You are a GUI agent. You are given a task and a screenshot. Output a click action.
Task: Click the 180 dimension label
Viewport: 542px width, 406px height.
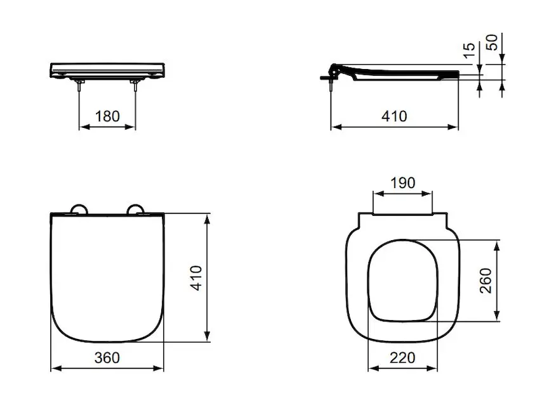click(107, 116)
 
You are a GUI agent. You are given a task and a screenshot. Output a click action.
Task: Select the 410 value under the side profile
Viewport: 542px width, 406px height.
click(394, 116)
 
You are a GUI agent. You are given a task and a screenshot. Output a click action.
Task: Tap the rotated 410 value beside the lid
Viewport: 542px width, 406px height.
click(196, 278)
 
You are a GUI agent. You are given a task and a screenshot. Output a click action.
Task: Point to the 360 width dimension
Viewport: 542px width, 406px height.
click(107, 358)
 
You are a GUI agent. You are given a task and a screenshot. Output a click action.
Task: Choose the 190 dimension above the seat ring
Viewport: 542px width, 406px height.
click(402, 183)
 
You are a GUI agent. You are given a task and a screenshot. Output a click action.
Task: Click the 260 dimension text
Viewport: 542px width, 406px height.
click(486, 280)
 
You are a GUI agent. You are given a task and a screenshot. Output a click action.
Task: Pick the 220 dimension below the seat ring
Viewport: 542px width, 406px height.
click(402, 358)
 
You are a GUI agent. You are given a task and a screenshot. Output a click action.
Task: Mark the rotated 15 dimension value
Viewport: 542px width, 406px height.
click(469, 51)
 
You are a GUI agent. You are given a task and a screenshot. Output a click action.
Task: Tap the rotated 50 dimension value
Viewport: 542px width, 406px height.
click(492, 42)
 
